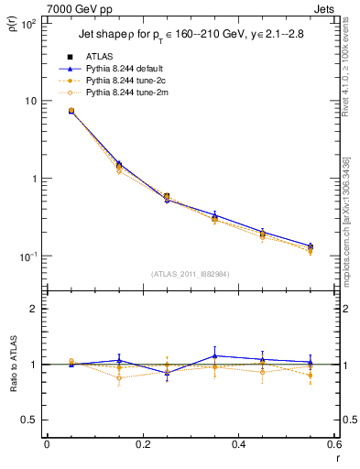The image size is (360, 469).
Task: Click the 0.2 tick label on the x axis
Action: pos(142,444)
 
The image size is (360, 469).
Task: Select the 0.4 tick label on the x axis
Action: pos(238,444)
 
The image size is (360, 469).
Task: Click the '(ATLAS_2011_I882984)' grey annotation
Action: pos(191,274)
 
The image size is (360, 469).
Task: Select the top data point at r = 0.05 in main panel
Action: pos(71,111)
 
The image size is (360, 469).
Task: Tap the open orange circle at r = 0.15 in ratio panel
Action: pos(119,377)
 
